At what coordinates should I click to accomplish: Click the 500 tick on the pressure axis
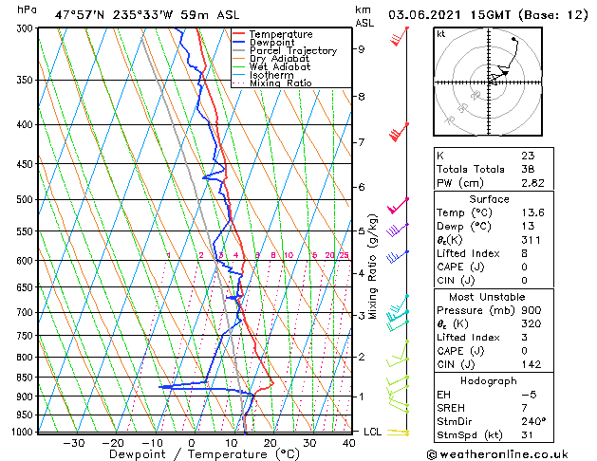click(x=22, y=200)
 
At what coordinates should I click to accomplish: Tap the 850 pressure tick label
click(x=22, y=378)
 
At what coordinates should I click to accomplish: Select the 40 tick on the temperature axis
click(x=349, y=443)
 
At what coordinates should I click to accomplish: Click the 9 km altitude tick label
click(x=362, y=49)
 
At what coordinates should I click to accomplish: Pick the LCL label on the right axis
click(x=374, y=432)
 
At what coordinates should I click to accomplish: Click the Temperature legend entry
click(x=281, y=34)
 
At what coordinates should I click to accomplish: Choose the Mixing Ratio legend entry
click(x=281, y=83)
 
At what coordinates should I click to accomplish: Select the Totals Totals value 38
click(x=527, y=169)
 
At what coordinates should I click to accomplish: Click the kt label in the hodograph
click(x=441, y=33)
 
